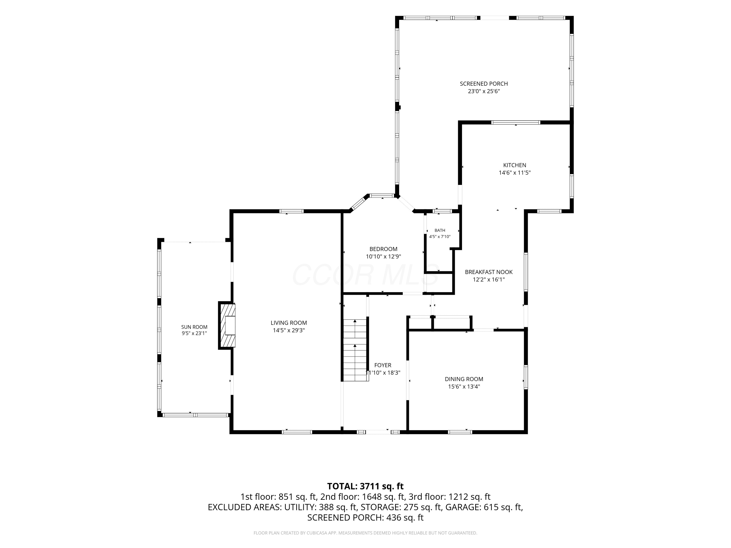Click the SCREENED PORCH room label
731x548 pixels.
click(x=484, y=84)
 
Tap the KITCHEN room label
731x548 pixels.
click(x=515, y=165)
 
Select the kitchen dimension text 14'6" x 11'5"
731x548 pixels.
click(x=515, y=173)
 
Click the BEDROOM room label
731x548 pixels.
click(x=383, y=249)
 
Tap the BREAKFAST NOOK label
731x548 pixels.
click(x=489, y=272)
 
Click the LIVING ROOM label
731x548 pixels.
click(x=289, y=323)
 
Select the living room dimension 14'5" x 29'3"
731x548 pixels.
click(x=289, y=330)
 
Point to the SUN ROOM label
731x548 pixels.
click(x=194, y=327)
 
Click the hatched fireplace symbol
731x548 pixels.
click(x=227, y=325)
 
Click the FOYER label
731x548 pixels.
click(x=383, y=365)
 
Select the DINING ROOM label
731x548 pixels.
click(x=464, y=379)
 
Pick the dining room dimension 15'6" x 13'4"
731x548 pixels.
click(x=464, y=387)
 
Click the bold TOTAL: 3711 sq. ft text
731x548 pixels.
click(x=365, y=486)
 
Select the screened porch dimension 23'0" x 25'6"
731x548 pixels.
click(x=484, y=92)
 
